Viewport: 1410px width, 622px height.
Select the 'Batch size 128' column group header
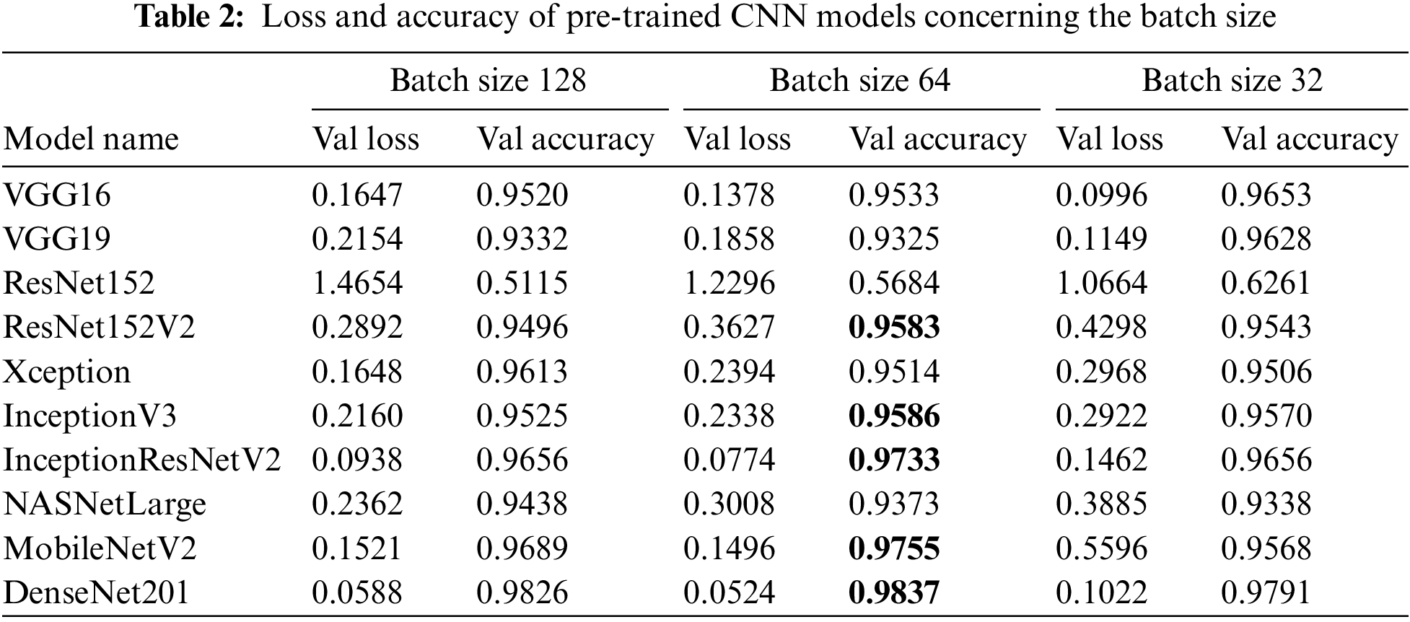click(489, 80)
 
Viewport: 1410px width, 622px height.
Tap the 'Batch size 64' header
click(860, 80)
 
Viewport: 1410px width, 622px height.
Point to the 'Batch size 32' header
click(1232, 80)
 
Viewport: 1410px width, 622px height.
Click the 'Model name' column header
click(91, 139)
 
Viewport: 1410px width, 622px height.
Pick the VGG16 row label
click(57, 195)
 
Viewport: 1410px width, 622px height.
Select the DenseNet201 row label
click(96, 593)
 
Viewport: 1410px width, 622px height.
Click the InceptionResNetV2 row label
click(142, 460)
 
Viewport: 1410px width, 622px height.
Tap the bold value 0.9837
click(895, 593)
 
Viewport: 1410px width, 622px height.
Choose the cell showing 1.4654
click(357, 283)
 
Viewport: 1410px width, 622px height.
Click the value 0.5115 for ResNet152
click(522, 283)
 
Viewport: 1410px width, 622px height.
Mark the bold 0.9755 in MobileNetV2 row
click(895, 549)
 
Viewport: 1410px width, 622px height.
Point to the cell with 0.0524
click(729, 593)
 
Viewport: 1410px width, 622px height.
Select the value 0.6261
click(1266, 283)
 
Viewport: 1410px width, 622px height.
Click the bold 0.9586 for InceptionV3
click(895, 416)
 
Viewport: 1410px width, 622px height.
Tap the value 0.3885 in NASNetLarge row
click(1101, 504)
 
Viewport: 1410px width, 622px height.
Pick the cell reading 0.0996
click(1101, 195)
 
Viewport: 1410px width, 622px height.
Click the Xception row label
click(67, 372)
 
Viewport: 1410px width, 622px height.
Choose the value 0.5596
click(1101, 549)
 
